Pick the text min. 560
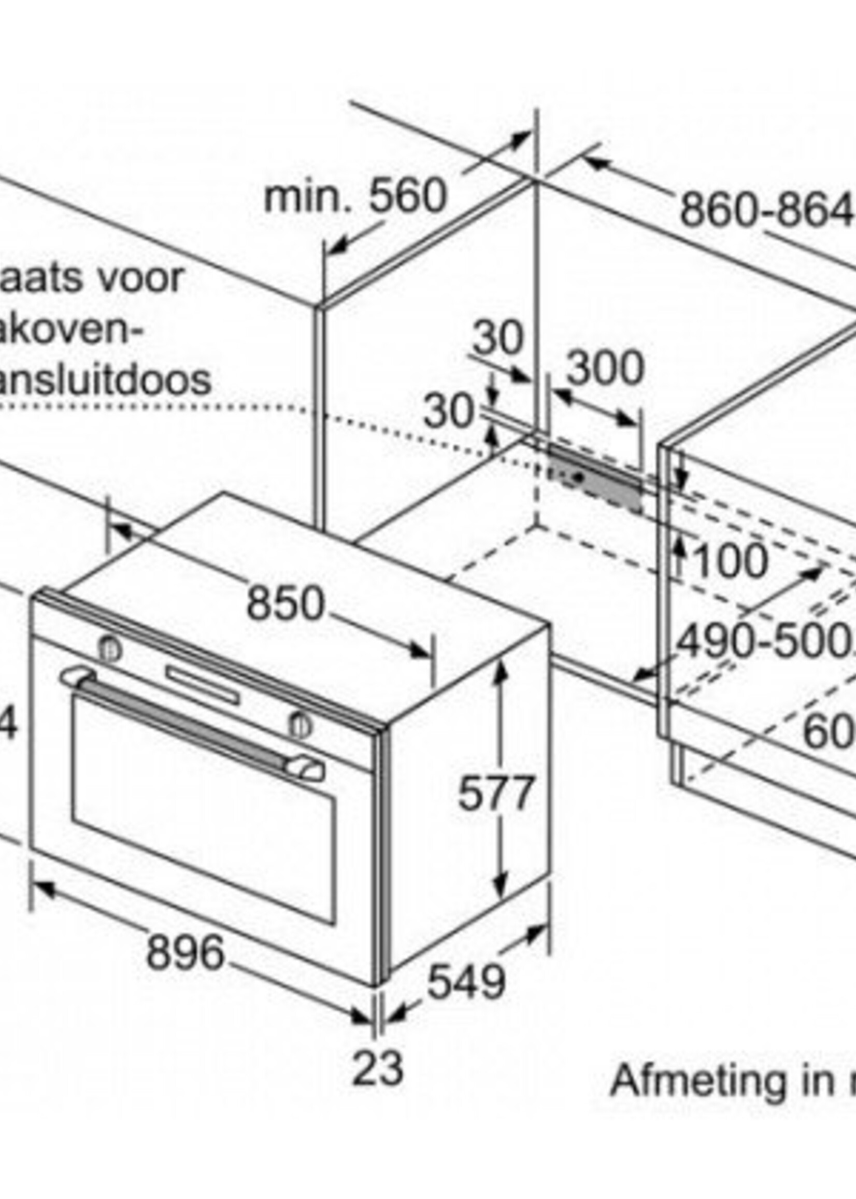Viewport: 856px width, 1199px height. (355, 196)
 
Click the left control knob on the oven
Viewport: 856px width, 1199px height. (109, 649)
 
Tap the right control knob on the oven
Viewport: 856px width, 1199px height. (299, 725)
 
